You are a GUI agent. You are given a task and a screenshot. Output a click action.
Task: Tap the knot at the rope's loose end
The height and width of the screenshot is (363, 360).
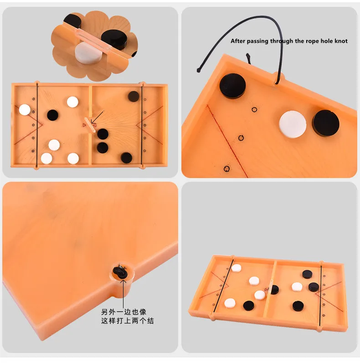(199, 70)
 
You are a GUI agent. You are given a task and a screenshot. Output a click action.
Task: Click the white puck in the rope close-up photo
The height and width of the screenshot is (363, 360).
(293, 123)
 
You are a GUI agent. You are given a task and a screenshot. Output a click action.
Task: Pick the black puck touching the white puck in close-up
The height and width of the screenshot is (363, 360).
(325, 124)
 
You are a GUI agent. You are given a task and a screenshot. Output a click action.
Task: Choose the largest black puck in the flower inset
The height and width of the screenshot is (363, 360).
(113, 39)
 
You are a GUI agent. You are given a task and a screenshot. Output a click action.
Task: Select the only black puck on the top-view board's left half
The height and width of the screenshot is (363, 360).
(53, 114)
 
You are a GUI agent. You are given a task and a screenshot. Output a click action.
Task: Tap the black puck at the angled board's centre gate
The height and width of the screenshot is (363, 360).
(274, 289)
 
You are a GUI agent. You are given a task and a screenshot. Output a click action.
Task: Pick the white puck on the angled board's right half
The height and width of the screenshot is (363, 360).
(297, 286)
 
